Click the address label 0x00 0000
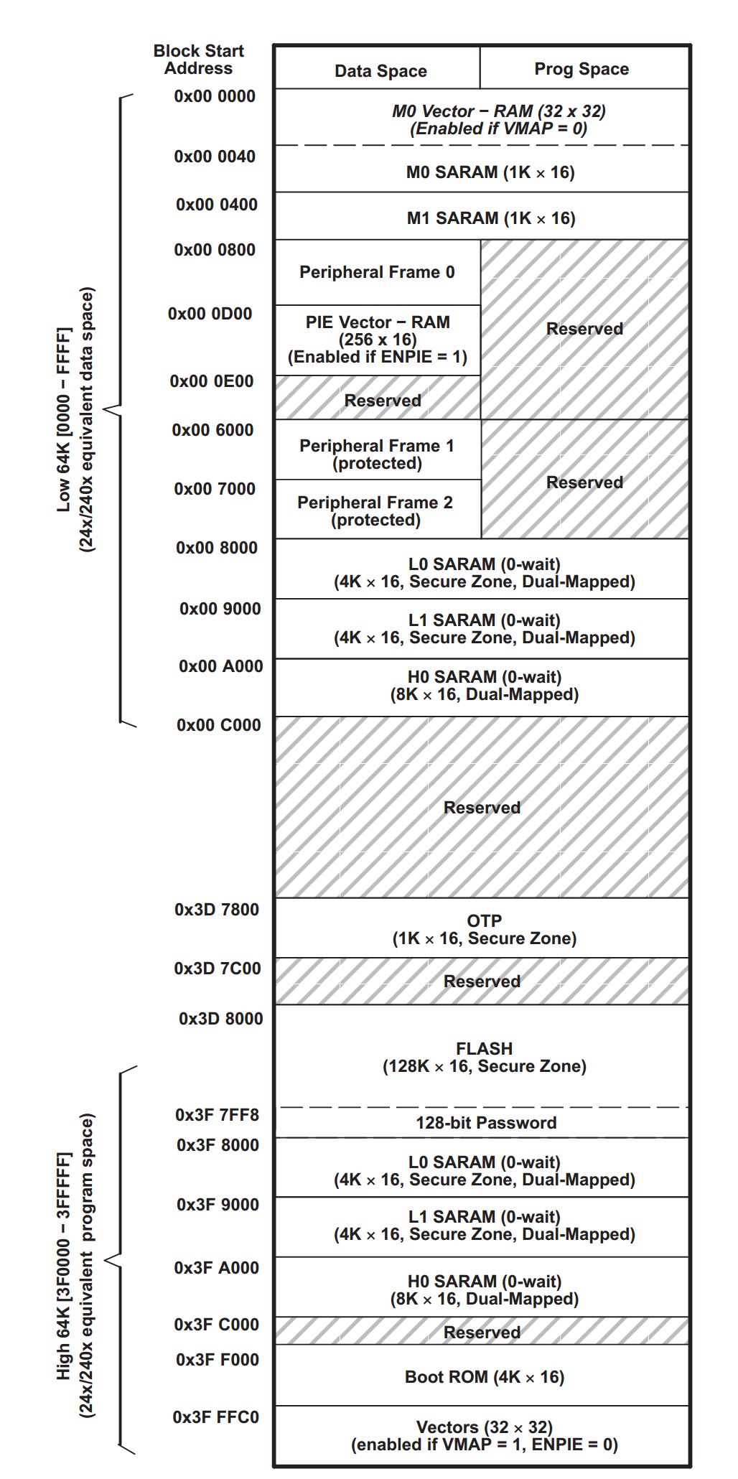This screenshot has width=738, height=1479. click(214, 96)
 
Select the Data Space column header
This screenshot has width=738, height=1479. click(380, 71)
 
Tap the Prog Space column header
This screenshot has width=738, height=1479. click(581, 69)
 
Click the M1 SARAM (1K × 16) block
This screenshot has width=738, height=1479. click(491, 218)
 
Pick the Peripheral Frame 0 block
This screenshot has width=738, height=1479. click(377, 272)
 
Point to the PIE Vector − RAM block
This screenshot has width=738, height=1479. click(378, 339)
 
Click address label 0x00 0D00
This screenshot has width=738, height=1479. click(210, 314)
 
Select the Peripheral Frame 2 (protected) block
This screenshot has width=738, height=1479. click(375, 510)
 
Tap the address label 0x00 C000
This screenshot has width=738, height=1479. click(218, 725)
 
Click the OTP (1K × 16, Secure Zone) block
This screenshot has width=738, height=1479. click(484, 929)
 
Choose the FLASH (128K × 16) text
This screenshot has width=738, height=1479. click(485, 1057)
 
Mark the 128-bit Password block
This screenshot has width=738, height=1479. click(486, 1123)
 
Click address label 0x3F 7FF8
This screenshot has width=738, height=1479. click(217, 1115)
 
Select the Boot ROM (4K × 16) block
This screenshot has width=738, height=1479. click(485, 1377)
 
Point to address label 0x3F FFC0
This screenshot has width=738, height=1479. click(215, 1417)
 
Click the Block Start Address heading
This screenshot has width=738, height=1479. click(198, 60)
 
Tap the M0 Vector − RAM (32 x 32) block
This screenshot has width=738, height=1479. click(498, 120)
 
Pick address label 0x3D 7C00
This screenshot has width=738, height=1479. click(217, 969)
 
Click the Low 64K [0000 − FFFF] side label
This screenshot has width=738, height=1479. click(65, 420)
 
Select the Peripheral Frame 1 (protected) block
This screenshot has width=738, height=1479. click(377, 454)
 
